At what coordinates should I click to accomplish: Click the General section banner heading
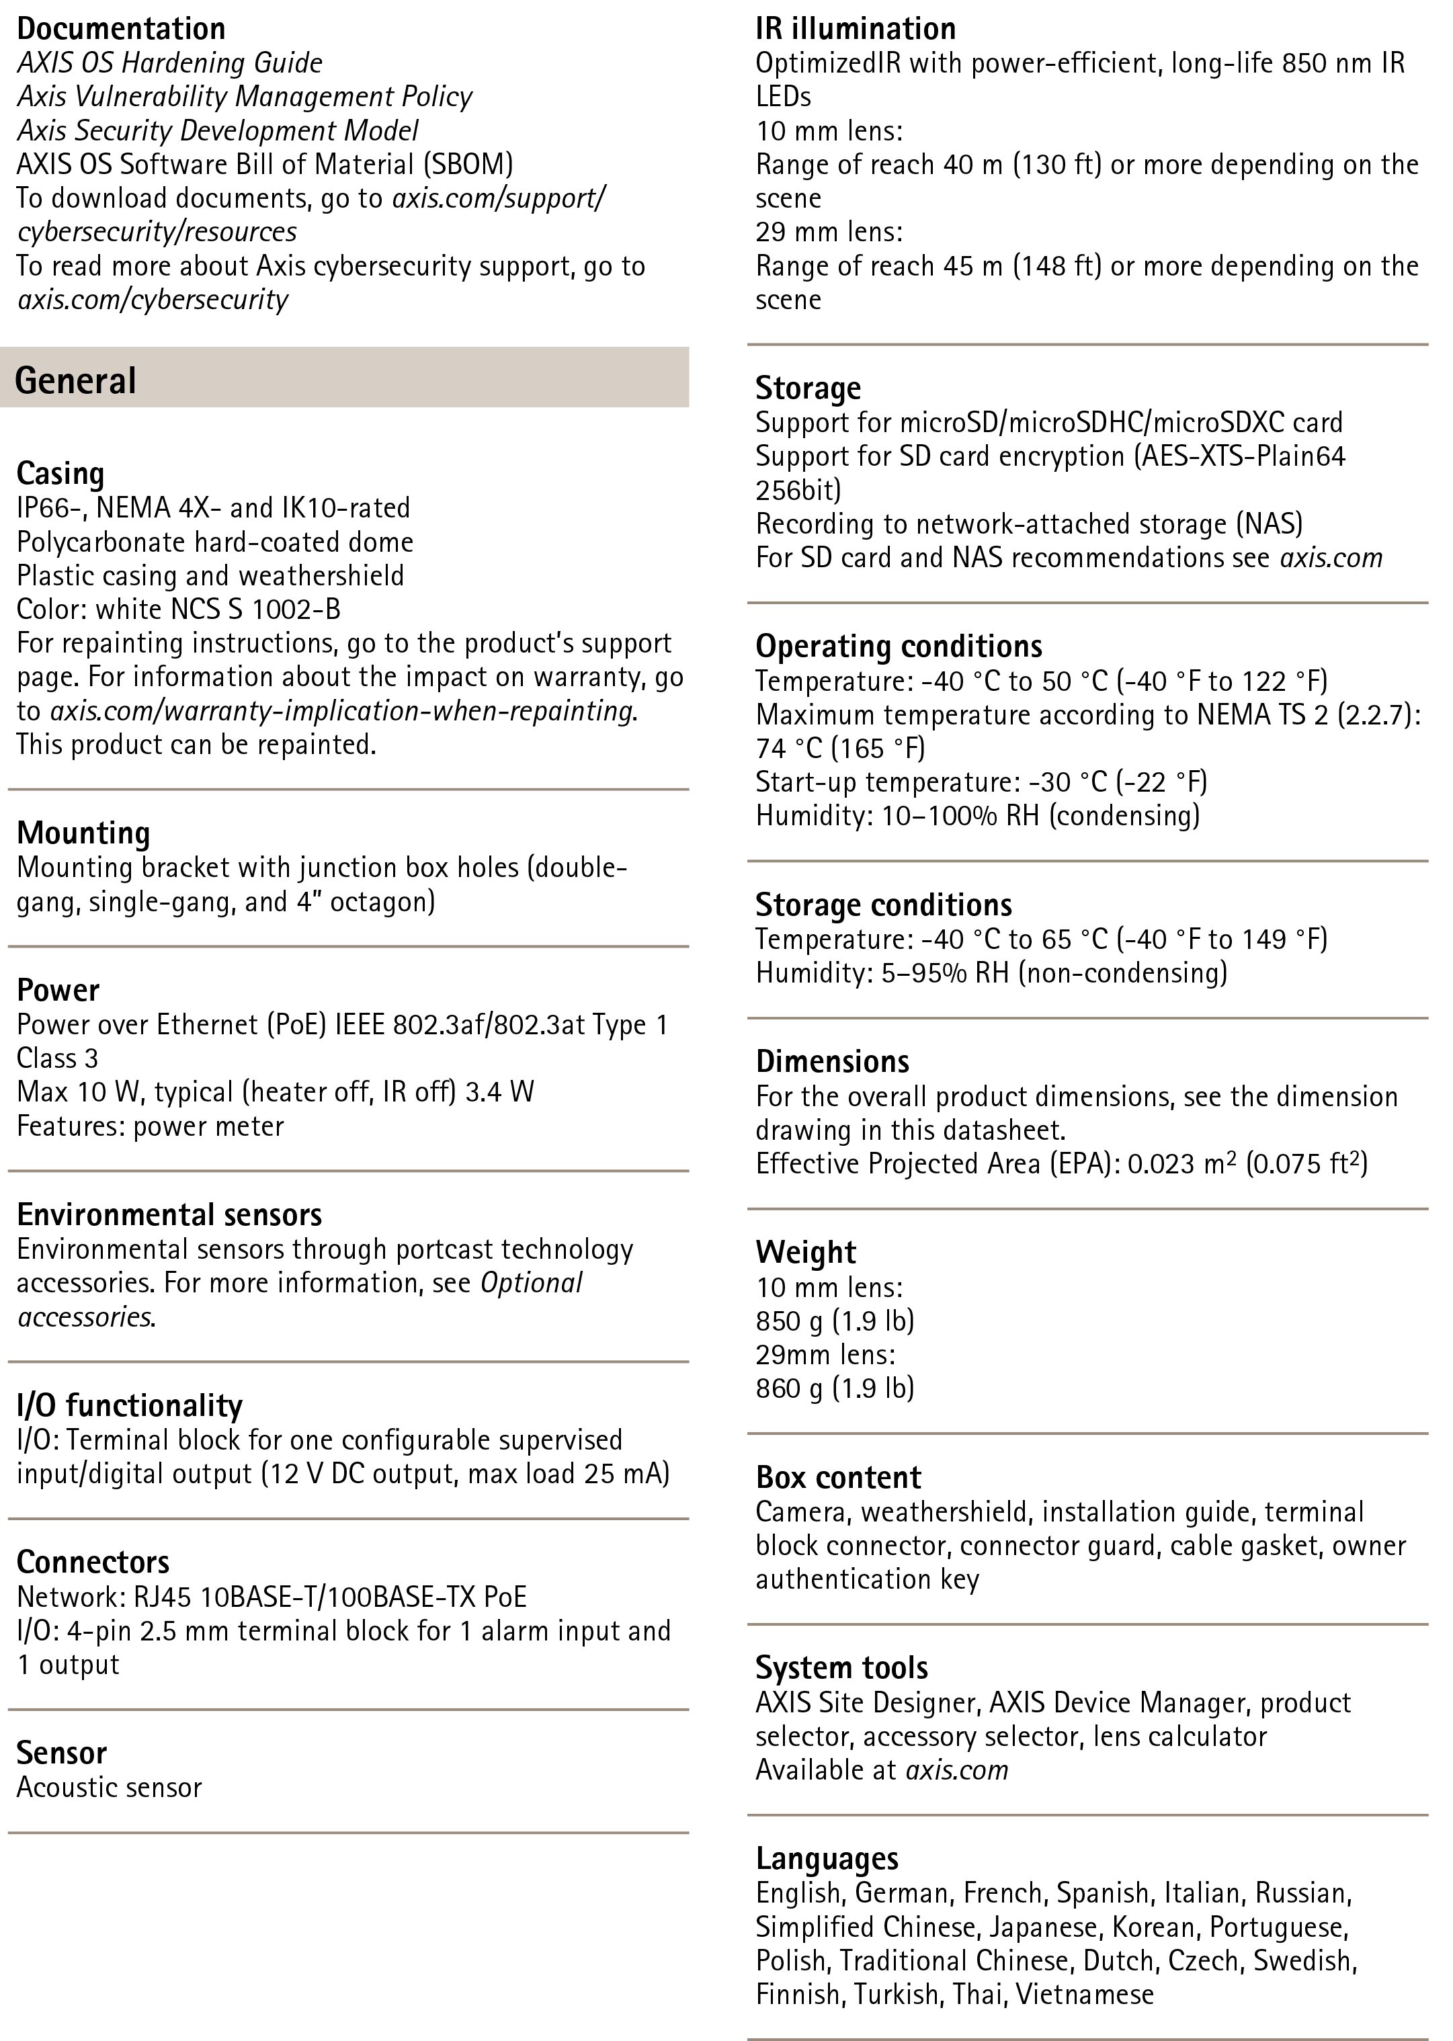[x=76, y=380]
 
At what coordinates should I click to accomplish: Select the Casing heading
[x=60, y=473]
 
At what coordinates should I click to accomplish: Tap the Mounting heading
[x=83, y=833]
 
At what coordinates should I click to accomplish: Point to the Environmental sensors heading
[x=169, y=1214]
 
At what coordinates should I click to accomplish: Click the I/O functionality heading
[x=129, y=1406]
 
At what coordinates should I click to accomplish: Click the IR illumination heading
[x=856, y=29]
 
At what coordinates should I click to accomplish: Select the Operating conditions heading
[x=899, y=646]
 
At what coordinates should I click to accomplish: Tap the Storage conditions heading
[x=883, y=905]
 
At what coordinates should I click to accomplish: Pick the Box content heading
[x=837, y=1477]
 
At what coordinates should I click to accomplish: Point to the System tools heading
[x=841, y=1668]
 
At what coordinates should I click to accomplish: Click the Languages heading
[x=827, y=1858]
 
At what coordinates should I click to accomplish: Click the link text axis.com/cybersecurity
[x=153, y=300]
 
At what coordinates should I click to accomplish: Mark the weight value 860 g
[x=788, y=1388]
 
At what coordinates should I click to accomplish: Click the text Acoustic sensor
[x=109, y=1787]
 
